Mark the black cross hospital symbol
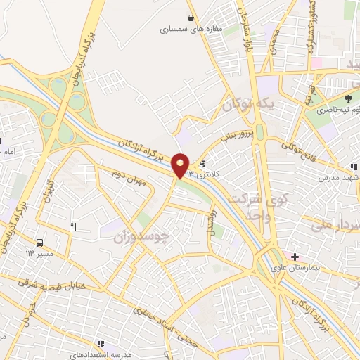tap(295, 256)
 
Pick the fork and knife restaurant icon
tap(73, 226)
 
